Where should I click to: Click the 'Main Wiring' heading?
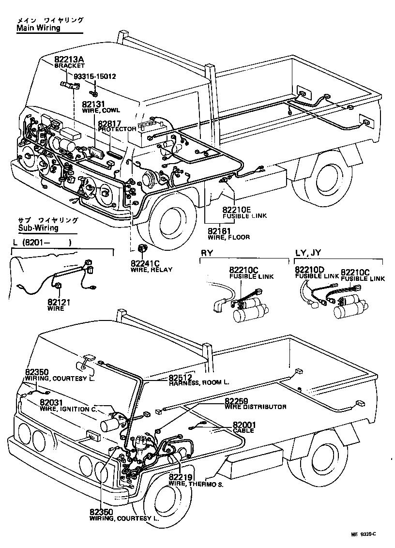(39, 28)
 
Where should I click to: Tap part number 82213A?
(69, 59)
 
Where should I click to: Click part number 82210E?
(237, 210)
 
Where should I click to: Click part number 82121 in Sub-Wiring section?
(59, 302)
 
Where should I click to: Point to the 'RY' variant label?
(206, 253)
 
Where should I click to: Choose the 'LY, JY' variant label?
(308, 253)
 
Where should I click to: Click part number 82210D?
(310, 270)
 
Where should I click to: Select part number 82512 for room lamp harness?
(181, 377)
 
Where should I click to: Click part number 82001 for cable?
(244, 425)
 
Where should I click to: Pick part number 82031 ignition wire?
(51, 403)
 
